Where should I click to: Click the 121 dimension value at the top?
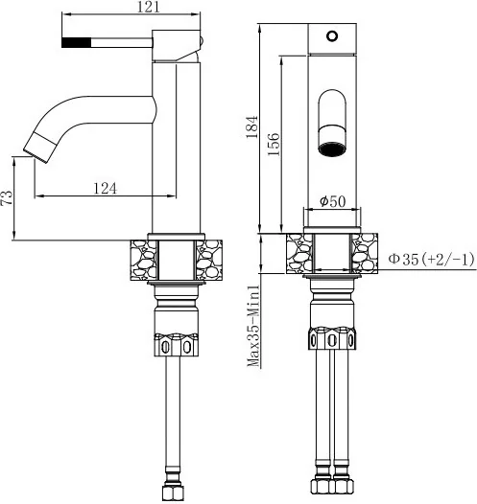coord(149,7)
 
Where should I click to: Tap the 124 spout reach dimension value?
coord(105,189)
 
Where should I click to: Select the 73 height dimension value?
coord(7,197)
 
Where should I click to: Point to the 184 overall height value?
coord(252,126)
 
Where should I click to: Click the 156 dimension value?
coord(274,144)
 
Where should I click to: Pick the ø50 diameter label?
coord(332,201)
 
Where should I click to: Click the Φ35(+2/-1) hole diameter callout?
coord(431,259)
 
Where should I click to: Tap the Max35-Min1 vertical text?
coord(253,326)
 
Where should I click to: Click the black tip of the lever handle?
coord(76,42)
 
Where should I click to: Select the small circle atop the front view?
coord(332,35)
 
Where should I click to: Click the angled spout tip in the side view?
coord(39,149)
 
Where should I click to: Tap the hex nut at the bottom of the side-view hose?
coord(173,493)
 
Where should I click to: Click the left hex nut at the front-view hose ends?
coord(322,489)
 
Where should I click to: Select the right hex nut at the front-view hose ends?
coord(343,489)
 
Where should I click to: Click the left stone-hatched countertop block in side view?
coord(144,260)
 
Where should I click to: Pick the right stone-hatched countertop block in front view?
coord(365,254)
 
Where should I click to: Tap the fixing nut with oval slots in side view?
coord(176,345)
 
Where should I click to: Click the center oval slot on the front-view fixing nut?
coord(332,340)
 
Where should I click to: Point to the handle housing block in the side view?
coord(176,46)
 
